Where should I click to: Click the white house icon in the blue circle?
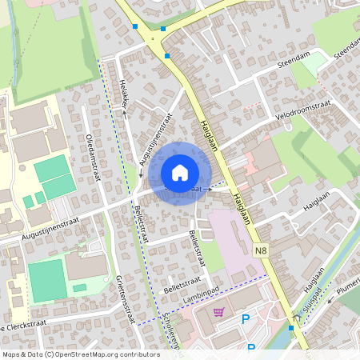coord(180,172)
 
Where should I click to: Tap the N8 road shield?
coord(260,250)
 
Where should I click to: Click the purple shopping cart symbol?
coord(218,312)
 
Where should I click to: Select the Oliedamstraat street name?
coord(91,155)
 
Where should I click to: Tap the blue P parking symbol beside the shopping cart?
coord(246,320)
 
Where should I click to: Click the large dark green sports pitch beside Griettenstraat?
coord(47,280)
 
